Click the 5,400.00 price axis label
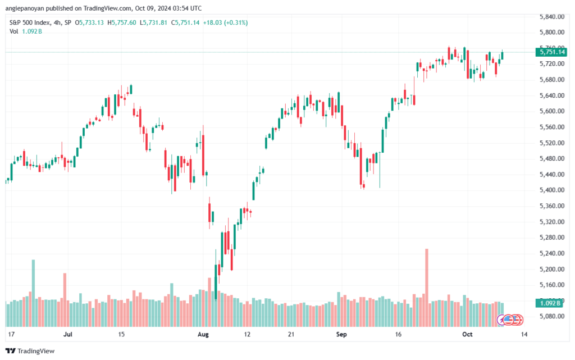pos(552,190)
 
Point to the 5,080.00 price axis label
pos(552,316)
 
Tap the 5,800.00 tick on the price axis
pos(552,32)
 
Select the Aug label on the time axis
pos(203,334)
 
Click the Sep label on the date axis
pos(341,334)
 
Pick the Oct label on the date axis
pos(467,334)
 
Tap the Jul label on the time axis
pos(68,334)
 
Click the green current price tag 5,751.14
pos(551,52)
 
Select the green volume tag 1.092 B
pos(549,303)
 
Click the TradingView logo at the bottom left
pos(30,351)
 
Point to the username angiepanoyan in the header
pos(25,8)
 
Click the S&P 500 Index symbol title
pos(30,22)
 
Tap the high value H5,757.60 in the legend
pos(122,22)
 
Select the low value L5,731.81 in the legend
pos(153,22)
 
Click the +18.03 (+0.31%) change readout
pos(225,22)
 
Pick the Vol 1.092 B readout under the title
pos(26,31)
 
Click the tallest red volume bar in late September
pos(427,288)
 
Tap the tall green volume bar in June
pos(33,293)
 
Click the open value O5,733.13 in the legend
pos(89,22)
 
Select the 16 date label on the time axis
pos(398,334)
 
